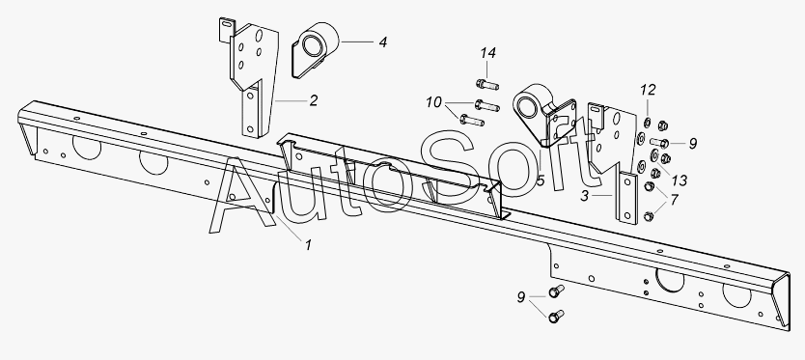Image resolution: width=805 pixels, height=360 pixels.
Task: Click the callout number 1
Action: [x=308, y=245]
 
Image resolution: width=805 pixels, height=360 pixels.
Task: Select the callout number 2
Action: [x=314, y=100]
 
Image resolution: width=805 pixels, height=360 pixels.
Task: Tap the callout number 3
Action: [x=585, y=196]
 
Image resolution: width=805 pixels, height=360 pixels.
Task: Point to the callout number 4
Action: [x=383, y=42]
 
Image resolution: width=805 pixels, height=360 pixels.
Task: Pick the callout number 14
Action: [x=488, y=53]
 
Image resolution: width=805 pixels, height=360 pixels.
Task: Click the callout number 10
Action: [x=433, y=102]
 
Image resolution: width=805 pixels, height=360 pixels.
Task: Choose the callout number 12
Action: [x=648, y=90]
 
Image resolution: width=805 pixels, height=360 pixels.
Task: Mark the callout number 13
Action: [x=680, y=180]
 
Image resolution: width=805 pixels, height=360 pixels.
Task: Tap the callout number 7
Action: [x=674, y=199]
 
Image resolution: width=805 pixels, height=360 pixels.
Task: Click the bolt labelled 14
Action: [x=487, y=84]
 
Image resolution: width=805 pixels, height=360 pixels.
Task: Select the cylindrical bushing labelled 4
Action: [x=317, y=50]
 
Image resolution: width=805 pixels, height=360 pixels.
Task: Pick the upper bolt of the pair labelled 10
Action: [x=486, y=105]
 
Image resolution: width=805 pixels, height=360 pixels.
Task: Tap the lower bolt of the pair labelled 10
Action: [x=472, y=121]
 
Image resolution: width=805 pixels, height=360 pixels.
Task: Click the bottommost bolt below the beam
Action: [x=556, y=317]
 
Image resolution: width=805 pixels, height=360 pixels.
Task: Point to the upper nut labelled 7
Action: [x=650, y=187]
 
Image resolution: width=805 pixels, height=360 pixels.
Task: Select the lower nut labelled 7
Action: [x=649, y=217]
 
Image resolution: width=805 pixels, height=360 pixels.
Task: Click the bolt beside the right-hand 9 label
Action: [x=658, y=142]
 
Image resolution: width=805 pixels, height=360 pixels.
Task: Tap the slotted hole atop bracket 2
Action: [x=226, y=22]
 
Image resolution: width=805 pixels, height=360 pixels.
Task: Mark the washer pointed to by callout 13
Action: [x=654, y=154]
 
